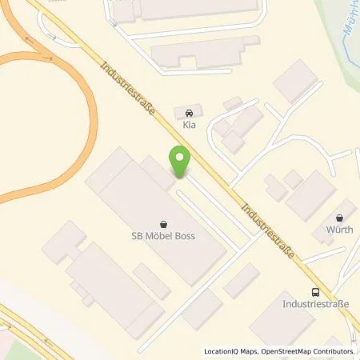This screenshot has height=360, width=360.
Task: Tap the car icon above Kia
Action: coord(189,113)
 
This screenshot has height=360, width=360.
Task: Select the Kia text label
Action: coord(189,126)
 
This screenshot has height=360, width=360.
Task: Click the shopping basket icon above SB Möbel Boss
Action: coord(164,224)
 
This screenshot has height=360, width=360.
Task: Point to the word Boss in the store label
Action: coord(183,237)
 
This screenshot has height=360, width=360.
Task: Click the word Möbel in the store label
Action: coord(158,237)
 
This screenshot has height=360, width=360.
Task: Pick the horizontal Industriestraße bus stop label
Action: coord(317,305)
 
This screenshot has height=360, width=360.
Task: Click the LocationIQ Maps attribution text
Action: coord(233,351)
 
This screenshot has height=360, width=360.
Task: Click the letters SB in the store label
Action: coord(138,237)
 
